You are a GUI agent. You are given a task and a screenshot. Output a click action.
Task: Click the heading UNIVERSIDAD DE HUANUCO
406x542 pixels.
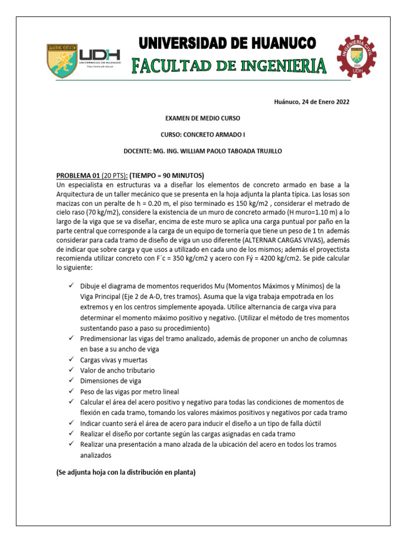click(x=228, y=43)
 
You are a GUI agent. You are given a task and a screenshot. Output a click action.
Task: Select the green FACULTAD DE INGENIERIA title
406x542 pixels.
click(x=228, y=66)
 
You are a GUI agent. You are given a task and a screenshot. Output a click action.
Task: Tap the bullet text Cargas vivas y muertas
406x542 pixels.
click(x=114, y=360)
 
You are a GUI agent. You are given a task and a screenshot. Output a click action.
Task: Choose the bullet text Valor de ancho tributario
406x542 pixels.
click(x=117, y=370)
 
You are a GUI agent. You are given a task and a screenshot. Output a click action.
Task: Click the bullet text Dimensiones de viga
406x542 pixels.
click(x=110, y=381)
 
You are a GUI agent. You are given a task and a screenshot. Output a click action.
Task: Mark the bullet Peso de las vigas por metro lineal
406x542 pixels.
click(x=130, y=391)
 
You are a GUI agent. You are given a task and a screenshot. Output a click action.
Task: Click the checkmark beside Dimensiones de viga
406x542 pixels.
click(x=72, y=381)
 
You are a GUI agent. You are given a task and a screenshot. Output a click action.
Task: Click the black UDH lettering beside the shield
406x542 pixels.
click(x=100, y=55)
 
